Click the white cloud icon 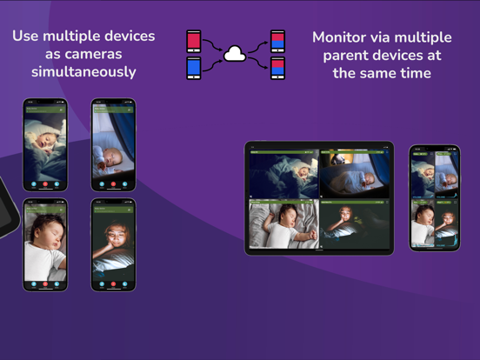pos(235,54)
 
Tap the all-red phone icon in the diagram pos(194,41)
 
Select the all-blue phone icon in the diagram pos(194,68)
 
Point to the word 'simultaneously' pos(83,71)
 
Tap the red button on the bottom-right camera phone pos(113,283)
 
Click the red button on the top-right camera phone pos(113,184)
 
